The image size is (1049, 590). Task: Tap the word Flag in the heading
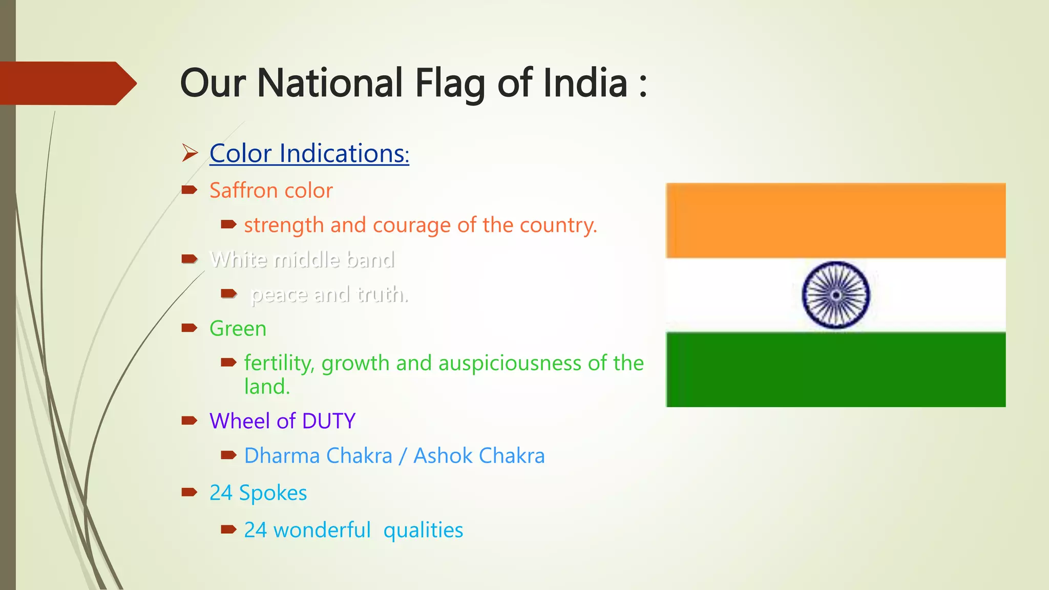(x=450, y=84)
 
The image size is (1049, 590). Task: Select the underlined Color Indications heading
(x=309, y=154)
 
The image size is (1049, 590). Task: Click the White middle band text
(x=302, y=260)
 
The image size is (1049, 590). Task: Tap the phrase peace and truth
(x=329, y=294)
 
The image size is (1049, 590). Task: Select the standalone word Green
(x=238, y=329)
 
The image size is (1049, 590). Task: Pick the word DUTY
(x=328, y=421)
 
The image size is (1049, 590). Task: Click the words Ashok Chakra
(x=479, y=456)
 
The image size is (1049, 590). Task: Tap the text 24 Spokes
(x=258, y=493)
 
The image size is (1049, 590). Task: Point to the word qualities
(x=423, y=530)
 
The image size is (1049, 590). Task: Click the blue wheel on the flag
(x=835, y=295)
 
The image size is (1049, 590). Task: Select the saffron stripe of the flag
(x=835, y=220)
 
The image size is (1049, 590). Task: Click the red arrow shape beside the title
(x=67, y=83)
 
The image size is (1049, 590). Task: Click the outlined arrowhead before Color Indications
(x=190, y=153)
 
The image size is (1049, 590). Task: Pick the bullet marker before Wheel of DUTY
(x=190, y=421)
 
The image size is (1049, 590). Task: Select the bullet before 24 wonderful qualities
(x=228, y=530)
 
